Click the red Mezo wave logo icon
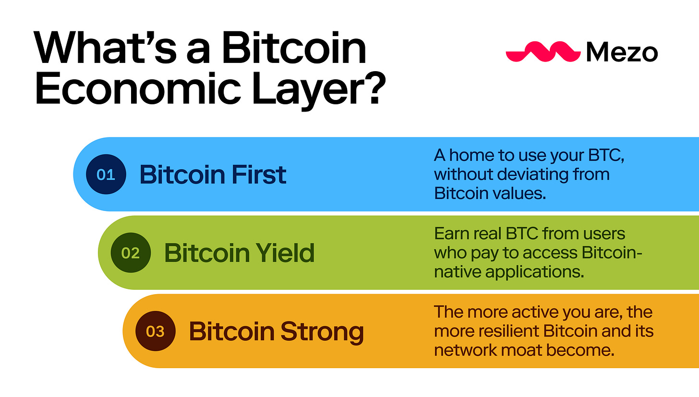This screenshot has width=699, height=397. [x=543, y=51]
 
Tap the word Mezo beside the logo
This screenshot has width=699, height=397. [x=622, y=52]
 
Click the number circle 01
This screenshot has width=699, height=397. [x=106, y=174]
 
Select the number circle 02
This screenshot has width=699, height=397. [x=131, y=253]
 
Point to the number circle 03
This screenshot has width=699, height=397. [x=156, y=332]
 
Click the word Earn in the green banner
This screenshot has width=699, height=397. [x=451, y=234]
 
